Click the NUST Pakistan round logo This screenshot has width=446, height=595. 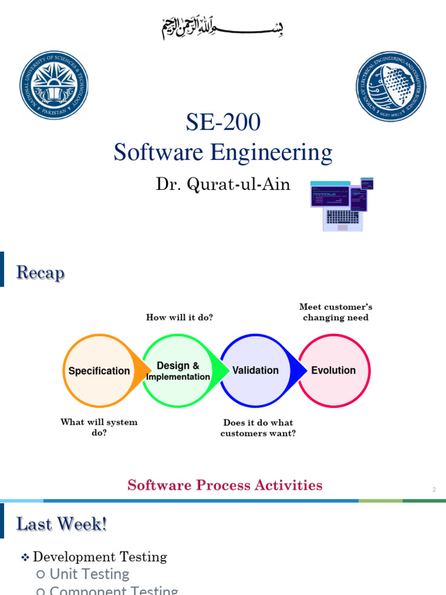(54, 85)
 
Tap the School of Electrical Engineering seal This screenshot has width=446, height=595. (390, 87)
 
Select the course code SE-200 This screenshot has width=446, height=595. (223, 123)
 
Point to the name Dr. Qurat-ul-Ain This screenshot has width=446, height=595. (223, 184)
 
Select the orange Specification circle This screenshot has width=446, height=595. (99, 371)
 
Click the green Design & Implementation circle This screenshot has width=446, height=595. (178, 371)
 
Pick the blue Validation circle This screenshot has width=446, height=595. (256, 371)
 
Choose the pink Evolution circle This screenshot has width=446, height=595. (334, 371)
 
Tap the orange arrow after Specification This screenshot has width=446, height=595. (141, 371)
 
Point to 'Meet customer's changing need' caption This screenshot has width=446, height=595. (336, 312)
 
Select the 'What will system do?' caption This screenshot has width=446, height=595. (99, 428)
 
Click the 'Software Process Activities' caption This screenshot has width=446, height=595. (225, 485)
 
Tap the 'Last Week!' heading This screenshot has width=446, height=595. (62, 524)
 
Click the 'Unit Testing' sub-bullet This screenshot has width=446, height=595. (89, 574)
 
